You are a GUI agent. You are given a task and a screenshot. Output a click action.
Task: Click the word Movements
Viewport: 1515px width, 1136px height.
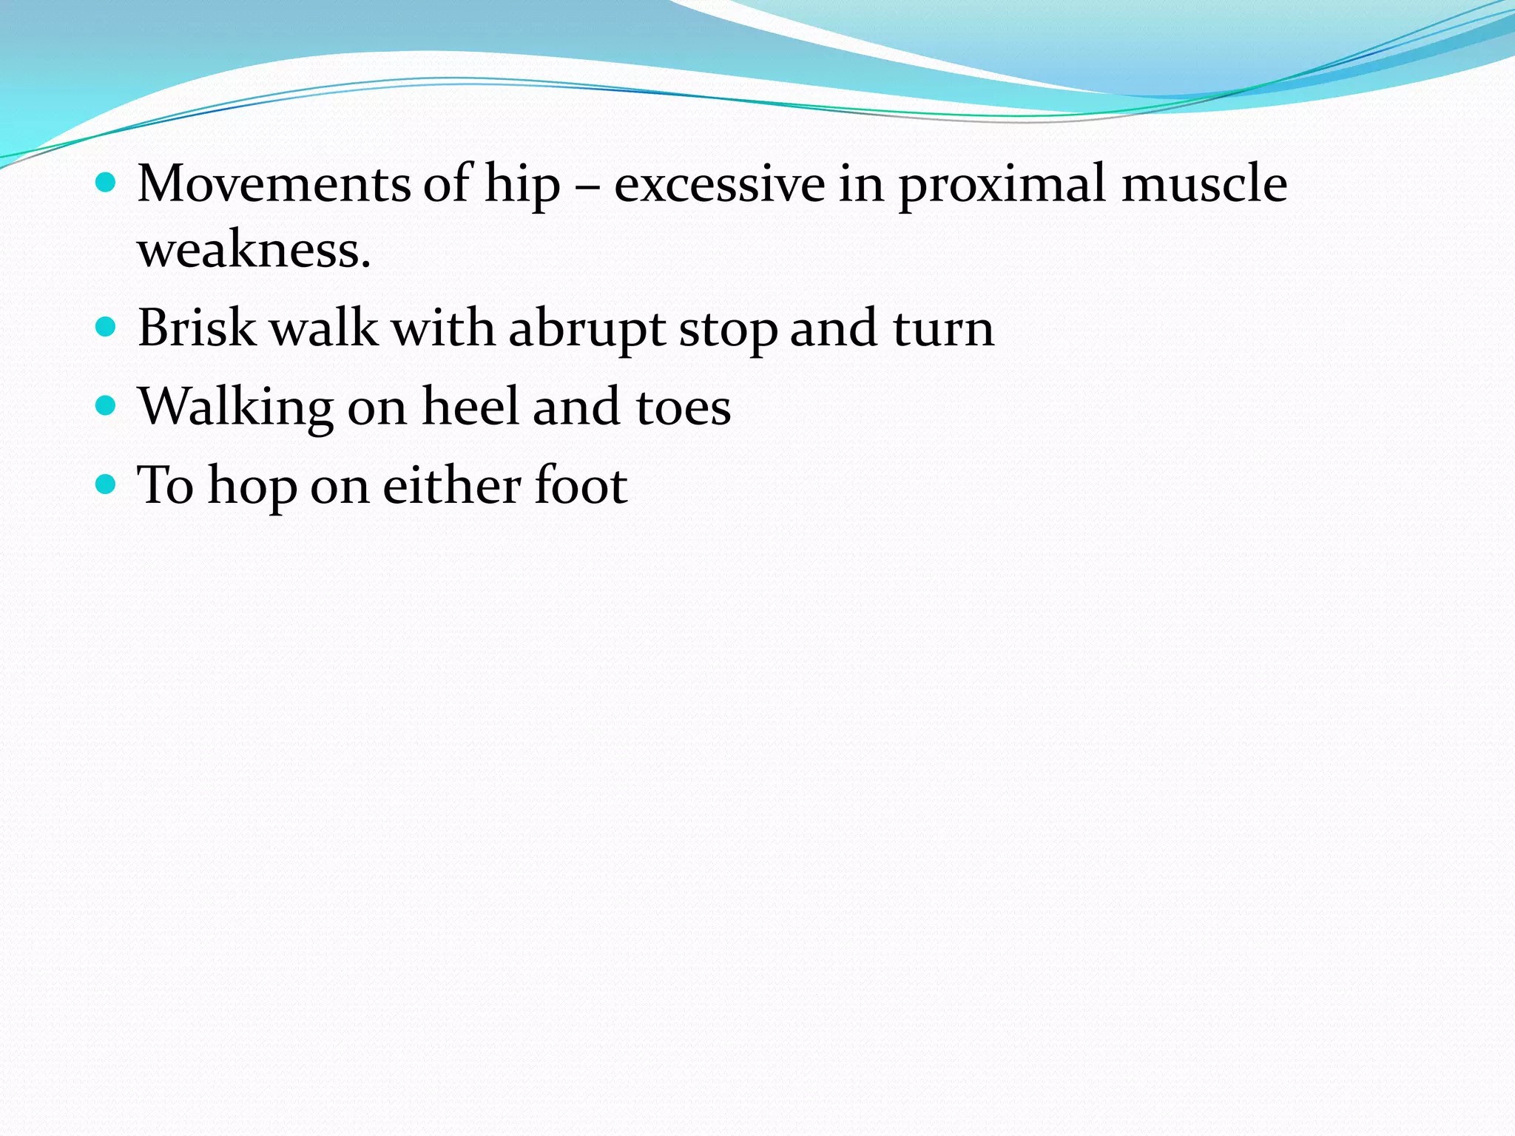(273, 183)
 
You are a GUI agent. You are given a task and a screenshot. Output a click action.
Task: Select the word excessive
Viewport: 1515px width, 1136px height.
(719, 183)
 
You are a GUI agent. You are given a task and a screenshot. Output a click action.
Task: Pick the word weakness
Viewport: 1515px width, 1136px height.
(254, 250)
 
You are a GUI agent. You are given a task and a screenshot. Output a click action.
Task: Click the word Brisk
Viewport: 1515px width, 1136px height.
(197, 328)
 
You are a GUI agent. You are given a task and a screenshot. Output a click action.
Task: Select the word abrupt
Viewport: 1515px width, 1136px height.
(587, 329)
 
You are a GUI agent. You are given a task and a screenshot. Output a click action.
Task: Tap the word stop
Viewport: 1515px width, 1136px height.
(728, 329)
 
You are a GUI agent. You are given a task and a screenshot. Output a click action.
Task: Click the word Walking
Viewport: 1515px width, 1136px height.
(236, 408)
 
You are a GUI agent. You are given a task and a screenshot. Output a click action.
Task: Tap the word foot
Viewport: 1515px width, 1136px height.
(580, 485)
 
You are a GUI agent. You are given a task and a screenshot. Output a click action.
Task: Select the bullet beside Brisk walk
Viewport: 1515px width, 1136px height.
(107, 327)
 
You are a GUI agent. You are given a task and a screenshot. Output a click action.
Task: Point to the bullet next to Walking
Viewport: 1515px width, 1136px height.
(107, 405)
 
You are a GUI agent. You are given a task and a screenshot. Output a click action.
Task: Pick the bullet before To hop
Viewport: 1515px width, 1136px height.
(107, 484)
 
